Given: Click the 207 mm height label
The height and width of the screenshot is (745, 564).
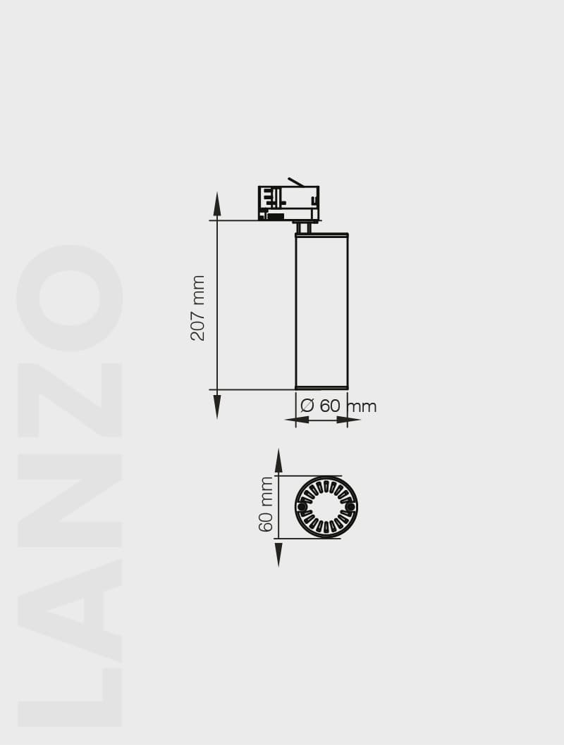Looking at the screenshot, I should (x=198, y=308).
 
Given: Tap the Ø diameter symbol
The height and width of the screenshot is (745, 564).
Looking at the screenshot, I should (x=307, y=406).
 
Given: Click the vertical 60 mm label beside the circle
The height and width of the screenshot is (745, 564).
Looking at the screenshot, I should (x=266, y=504).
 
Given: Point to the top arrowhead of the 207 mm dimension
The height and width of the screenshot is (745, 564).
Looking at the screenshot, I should (x=217, y=204).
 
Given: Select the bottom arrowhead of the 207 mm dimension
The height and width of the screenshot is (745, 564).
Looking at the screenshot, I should (x=217, y=406).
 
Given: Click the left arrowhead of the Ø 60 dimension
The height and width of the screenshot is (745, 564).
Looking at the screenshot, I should (x=298, y=420).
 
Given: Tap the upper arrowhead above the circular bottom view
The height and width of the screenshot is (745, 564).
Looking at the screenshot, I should (x=278, y=461).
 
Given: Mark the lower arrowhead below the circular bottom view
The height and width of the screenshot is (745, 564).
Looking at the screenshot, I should (x=278, y=554).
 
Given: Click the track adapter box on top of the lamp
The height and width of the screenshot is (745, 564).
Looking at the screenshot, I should (x=288, y=203).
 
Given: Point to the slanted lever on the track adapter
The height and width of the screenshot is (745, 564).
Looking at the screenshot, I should (x=295, y=182).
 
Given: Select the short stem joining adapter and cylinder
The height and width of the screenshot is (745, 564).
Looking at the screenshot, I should (x=303, y=227).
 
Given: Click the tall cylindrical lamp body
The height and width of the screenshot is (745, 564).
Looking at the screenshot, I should (x=321, y=311).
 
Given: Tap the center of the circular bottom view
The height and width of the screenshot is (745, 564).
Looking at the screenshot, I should (x=326, y=507).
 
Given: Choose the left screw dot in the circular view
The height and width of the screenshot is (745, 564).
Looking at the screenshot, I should (x=302, y=507).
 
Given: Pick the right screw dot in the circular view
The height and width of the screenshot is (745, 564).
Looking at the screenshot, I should (x=350, y=507).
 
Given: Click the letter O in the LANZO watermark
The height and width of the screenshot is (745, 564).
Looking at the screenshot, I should (x=70, y=297).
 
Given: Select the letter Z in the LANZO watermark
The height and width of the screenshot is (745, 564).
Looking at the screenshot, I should (x=70, y=400).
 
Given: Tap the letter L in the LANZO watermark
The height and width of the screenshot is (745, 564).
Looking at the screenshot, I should (x=70, y=697).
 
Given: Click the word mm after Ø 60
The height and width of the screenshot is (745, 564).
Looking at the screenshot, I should (x=362, y=407).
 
